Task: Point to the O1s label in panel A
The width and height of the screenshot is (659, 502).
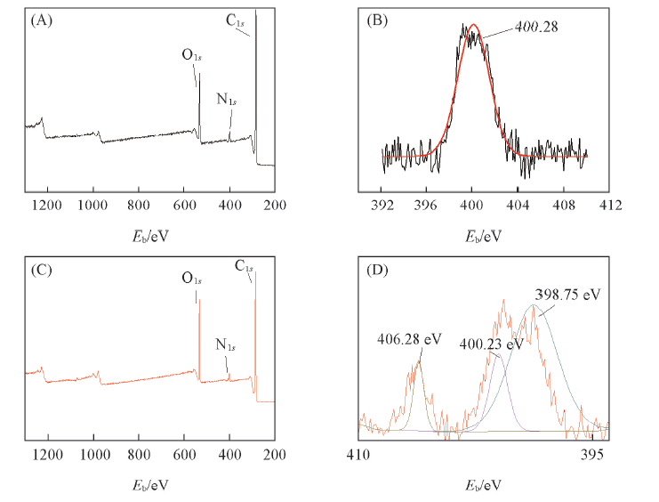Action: [192, 55]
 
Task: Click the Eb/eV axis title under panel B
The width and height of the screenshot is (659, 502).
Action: [484, 236]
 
